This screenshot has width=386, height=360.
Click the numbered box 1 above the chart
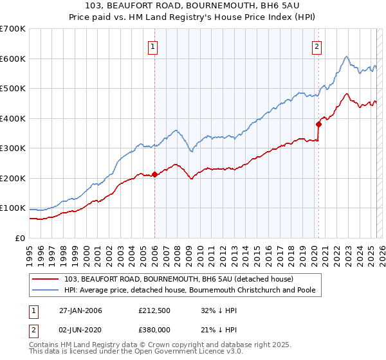click(154, 46)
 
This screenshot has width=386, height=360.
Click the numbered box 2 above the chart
click(318, 46)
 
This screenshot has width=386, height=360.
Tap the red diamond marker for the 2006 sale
click(154, 174)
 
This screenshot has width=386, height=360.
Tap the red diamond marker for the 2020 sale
click(318, 124)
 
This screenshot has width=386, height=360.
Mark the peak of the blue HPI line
click(346, 57)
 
